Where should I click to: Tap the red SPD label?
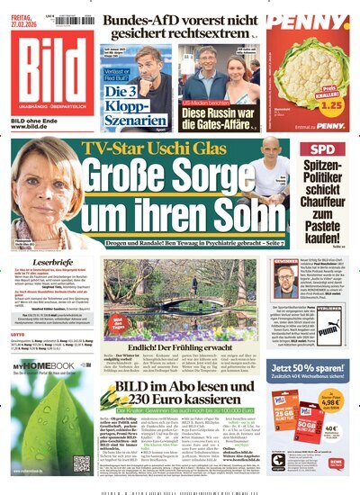click(323, 149)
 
